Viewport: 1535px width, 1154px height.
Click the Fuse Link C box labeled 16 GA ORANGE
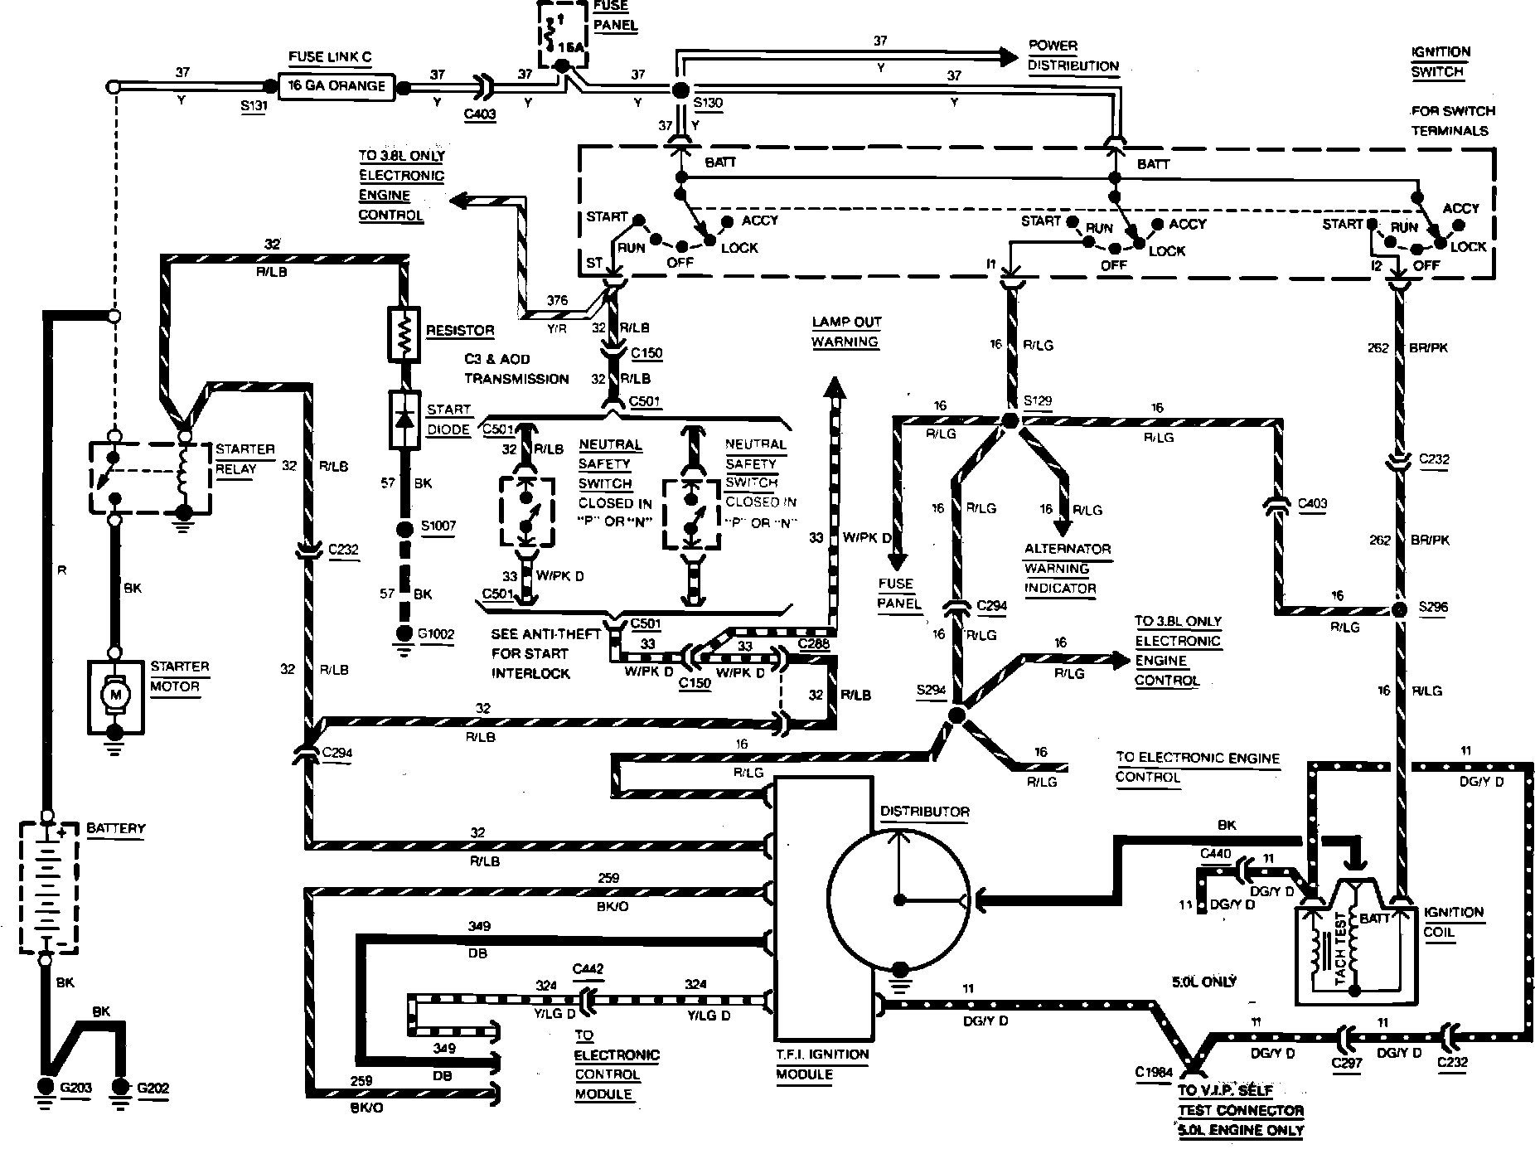(x=336, y=86)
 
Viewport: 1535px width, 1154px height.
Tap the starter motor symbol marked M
(x=115, y=692)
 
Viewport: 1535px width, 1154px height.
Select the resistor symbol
(x=404, y=335)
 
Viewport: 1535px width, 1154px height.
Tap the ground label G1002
(x=436, y=635)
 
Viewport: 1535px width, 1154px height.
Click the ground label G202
(x=153, y=1088)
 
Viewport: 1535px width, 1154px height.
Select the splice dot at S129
(x=1010, y=420)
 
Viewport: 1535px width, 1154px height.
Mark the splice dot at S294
(x=956, y=715)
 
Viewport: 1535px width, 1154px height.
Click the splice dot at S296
(x=1399, y=610)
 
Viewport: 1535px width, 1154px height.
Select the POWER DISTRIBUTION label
(x=1073, y=56)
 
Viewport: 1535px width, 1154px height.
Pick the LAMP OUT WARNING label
(x=845, y=332)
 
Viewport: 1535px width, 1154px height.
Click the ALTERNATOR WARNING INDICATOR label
(x=1067, y=569)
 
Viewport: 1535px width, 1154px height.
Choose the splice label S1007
(x=438, y=526)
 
